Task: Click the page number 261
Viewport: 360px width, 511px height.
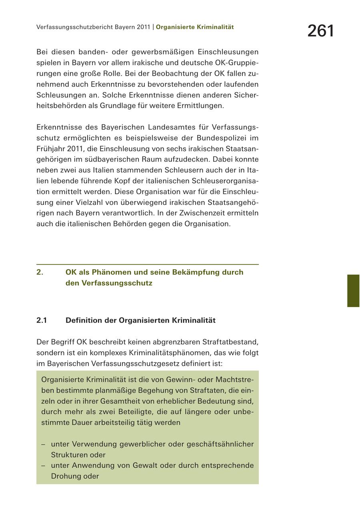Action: tap(320, 31)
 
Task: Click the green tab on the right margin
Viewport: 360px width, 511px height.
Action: tap(353, 291)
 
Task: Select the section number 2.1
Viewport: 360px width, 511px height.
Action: tap(42, 321)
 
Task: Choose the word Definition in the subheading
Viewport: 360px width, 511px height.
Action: tap(85, 321)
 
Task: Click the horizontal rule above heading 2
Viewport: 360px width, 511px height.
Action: tap(147, 265)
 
